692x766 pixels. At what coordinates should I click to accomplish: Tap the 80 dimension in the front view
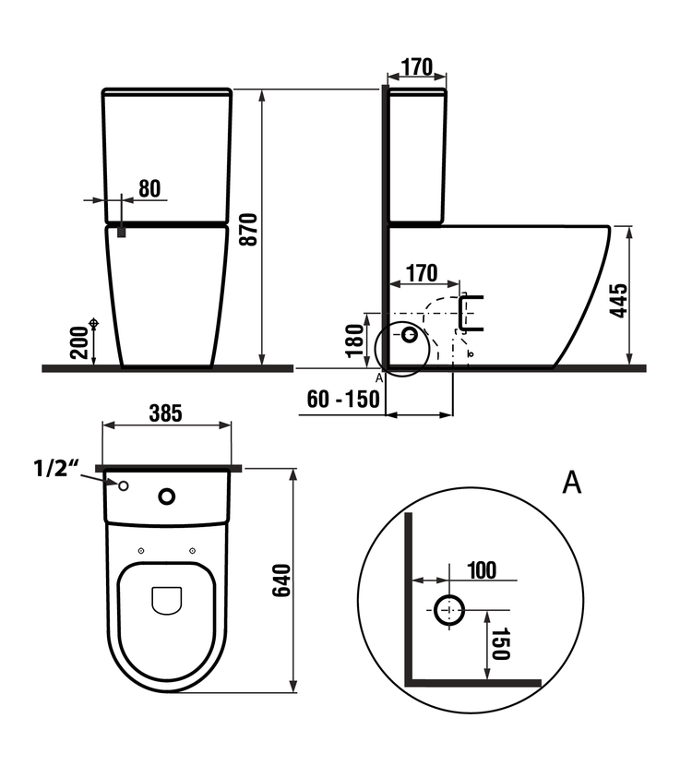pyautogui.click(x=149, y=188)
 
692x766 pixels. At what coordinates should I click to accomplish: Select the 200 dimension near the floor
pyautogui.click(x=80, y=342)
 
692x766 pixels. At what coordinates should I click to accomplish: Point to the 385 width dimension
pyautogui.click(x=165, y=413)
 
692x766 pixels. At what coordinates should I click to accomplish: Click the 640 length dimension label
pyautogui.click(x=281, y=580)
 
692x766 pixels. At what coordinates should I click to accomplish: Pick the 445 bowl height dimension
pyautogui.click(x=619, y=301)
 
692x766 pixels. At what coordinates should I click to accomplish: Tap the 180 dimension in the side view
pyautogui.click(x=356, y=341)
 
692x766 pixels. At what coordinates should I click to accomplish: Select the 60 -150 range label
pyautogui.click(x=343, y=399)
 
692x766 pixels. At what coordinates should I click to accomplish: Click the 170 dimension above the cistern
pyautogui.click(x=416, y=67)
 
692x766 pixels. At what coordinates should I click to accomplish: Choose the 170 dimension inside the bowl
pyautogui.click(x=422, y=273)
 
